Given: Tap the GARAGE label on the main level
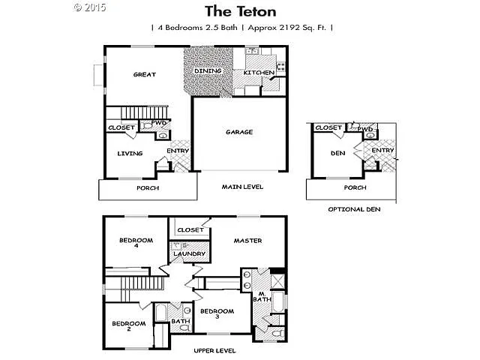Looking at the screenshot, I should point(239,132).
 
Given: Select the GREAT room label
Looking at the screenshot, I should point(144,74).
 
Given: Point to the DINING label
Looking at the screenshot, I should point(208,70).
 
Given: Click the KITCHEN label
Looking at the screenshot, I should point(258,73).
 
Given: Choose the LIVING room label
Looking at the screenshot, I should point(130,154).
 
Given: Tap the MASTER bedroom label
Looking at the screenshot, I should point(247,241).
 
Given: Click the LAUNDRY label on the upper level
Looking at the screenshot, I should point(189,253).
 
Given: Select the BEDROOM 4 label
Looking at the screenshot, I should point(136,243).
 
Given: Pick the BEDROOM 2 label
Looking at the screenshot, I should point(127,326).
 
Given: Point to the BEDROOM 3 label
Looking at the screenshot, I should point(217,313).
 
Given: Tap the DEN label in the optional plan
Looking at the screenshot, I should point(337,154).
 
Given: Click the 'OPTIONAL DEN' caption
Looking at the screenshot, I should point(354,209).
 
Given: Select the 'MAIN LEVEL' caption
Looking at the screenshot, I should point(242,187).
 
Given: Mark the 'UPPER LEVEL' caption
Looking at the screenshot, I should point(215,350).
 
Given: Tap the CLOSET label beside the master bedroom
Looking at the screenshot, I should point(190,229).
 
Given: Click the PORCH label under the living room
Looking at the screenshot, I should point(148,187).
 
